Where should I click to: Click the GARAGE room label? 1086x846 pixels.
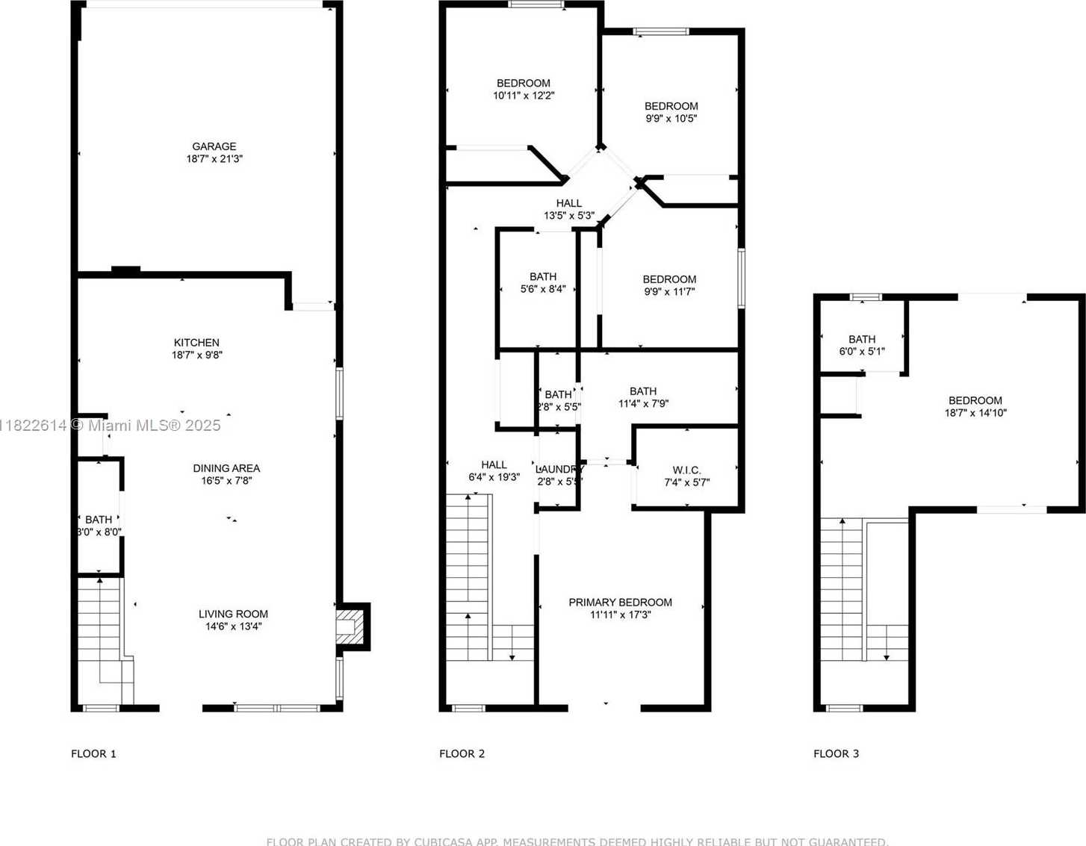(x=214, y=146)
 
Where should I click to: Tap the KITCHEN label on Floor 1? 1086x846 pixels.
(x=196, y=343)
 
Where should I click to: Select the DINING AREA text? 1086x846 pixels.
(x=226, y=468)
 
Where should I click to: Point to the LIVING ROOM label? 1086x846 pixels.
(x=233, y=614)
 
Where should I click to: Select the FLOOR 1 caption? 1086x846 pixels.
(x=93, y=753)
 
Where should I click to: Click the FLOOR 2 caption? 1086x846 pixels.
(x=462, y=753)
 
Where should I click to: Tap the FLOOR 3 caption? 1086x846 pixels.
(x=836, y=753)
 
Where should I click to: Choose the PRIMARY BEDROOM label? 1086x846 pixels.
(x=620, y=602)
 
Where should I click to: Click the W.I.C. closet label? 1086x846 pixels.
(x=686, y=470)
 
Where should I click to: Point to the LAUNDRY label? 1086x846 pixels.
(x=559, y=469)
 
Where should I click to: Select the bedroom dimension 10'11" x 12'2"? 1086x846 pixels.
(x=524, y=96)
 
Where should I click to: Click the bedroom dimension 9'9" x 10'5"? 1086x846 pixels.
(x=671, y=118)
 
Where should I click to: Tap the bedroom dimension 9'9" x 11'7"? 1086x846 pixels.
(x=669, y=291)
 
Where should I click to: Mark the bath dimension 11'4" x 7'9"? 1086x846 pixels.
(x=643, y=403)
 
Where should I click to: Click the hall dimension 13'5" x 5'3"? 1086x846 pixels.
(x=568, y=216)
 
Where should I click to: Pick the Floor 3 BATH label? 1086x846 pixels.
(x=862, y=339)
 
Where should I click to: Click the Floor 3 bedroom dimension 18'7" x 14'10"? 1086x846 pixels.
(x=975, y=412)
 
